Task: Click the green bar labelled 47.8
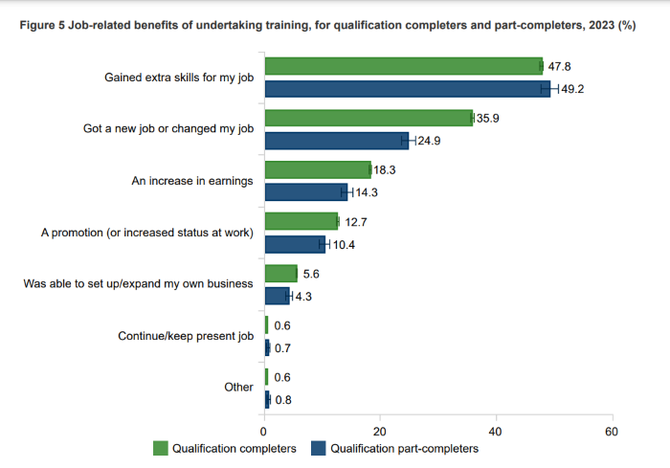[403, 66]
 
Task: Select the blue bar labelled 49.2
[408, 89]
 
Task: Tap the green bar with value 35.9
[368, 118]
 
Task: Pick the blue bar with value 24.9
[336, 141]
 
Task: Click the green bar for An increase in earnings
[317, 169]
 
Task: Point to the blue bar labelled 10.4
[295, 244]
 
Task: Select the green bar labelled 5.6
[280, 273]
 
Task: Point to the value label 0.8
[283, 400]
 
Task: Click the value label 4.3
[302, 297]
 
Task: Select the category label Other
[237, 388]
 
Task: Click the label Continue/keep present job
[185, 336]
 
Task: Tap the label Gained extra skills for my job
[178, 78]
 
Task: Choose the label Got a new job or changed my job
[168, 129]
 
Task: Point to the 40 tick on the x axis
[496, 430]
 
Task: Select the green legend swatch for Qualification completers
[161, 448]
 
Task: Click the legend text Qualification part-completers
[404, 448]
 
